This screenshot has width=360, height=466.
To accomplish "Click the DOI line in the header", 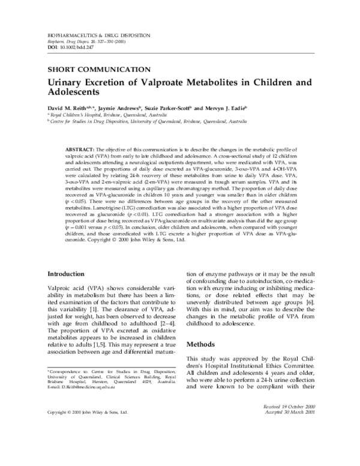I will (x=66, y=47).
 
